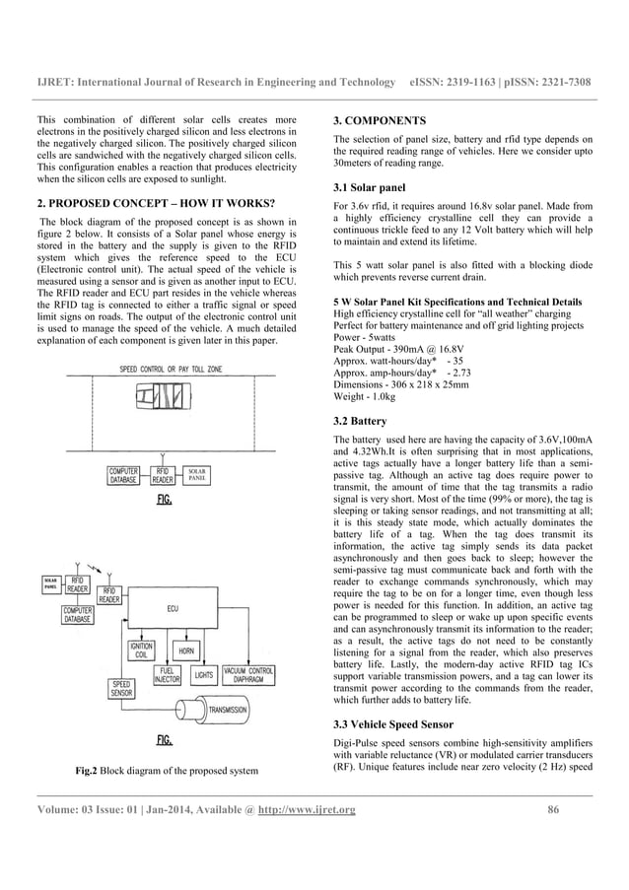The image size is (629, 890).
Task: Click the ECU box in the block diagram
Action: point(174,609)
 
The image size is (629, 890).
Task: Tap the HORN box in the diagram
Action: point(184,651)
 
